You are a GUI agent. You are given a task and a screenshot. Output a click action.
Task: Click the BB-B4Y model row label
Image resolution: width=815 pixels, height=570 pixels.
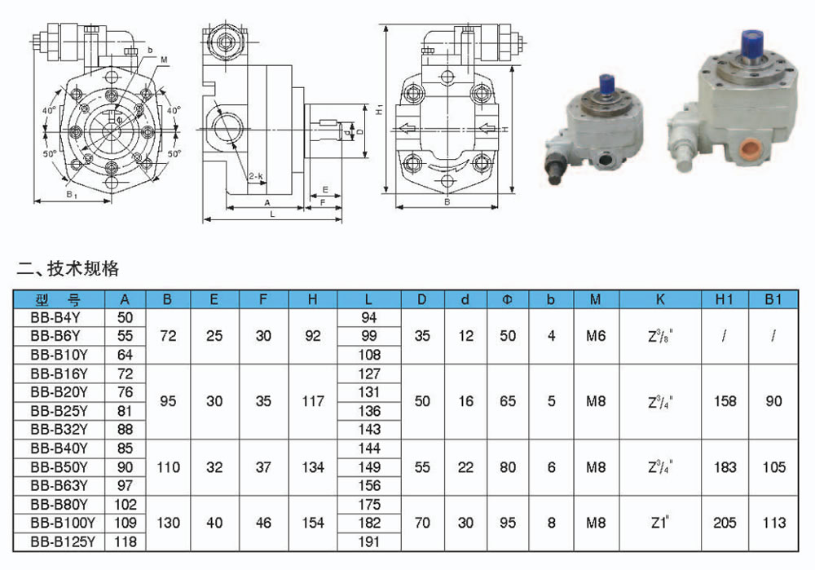(x=55, y=317)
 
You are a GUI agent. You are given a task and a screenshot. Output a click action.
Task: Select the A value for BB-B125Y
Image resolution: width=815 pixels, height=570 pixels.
(x=126, y=541)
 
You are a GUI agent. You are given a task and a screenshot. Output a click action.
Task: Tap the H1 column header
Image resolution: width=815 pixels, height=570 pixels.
(x=724, y=299)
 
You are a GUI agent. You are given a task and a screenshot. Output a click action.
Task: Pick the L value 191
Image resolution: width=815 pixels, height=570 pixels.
(x=368, y=541)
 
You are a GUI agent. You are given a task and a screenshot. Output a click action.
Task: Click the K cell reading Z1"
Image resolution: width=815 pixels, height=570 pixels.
(x=659, y=522)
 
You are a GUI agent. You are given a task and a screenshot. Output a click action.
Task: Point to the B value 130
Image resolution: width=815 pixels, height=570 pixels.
(x=168, y=523)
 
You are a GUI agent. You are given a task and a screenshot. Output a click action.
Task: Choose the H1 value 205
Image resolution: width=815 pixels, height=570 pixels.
(x=725, y=522)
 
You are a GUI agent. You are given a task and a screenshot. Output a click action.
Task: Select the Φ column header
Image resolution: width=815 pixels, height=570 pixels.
(x=507, y=299)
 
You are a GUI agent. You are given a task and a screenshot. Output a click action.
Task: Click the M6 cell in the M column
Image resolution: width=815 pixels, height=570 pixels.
(x=596, y=336)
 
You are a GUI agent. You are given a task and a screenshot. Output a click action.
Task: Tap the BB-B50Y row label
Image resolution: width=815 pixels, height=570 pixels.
(x=59, y=467)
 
